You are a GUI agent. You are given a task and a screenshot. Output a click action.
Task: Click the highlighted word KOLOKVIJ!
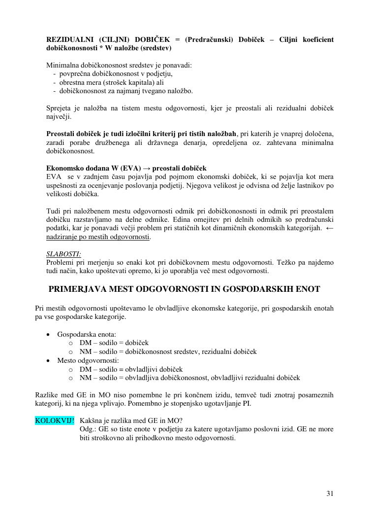click(55, 420)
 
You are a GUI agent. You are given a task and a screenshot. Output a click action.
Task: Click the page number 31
click(330, 493)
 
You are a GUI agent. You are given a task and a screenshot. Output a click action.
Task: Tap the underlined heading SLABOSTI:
click(64, 254)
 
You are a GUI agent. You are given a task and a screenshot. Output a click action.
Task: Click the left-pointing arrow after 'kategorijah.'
click(330, 228)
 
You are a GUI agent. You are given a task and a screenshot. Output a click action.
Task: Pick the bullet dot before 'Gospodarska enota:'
click(48, 334)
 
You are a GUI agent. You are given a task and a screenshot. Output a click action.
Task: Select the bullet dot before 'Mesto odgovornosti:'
click(48, 360)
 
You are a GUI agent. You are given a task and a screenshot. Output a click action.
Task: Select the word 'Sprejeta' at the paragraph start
click(59, 108)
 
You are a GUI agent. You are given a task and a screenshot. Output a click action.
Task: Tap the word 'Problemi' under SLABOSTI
click(60, 262)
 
